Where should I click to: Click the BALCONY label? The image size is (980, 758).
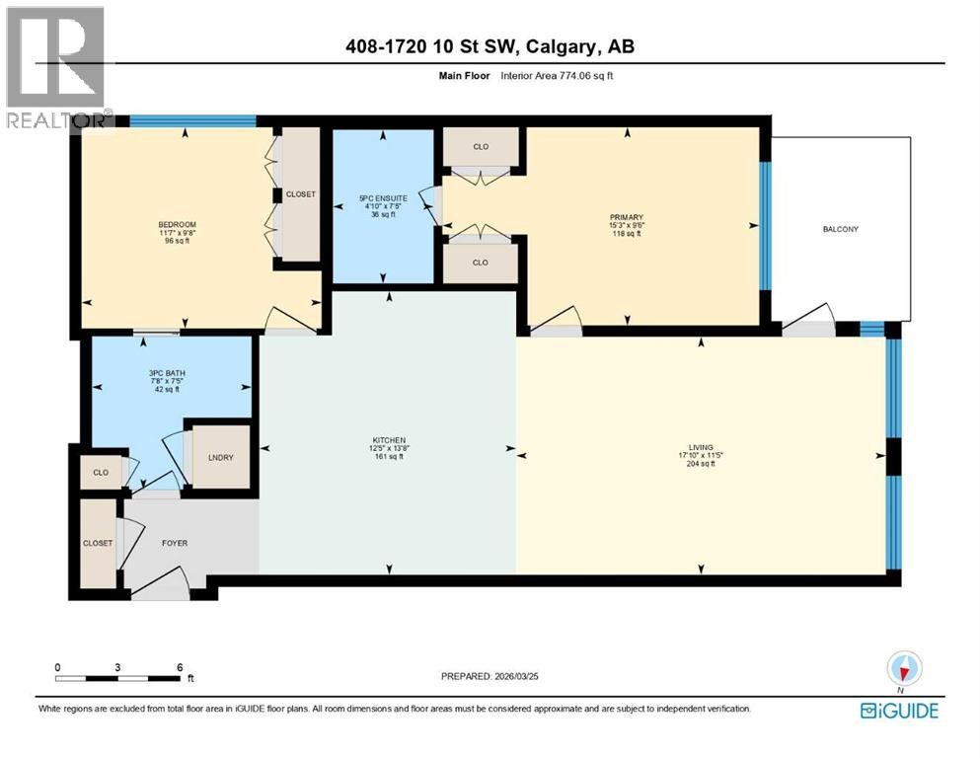(x=840, y=229)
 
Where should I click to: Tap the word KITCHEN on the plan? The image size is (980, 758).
(x=388, y=439)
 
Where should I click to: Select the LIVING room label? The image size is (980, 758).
(x=701, y=445)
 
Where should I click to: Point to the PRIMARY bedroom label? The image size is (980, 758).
(x=627, y=217)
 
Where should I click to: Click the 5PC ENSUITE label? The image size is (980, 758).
(x=383, y=198)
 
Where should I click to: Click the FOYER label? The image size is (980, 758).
(x=175, y=543)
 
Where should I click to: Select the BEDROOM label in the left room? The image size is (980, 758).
(x=178, y=225)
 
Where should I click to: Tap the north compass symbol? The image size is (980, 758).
(x=903, y=669)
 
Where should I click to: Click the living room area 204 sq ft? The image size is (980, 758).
(x=701, y=464)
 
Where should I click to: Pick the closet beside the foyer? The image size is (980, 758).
(x=98, y=543)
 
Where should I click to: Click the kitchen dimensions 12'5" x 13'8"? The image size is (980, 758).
(x=388, y=448)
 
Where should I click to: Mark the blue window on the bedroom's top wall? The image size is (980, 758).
(x=193, y=121)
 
